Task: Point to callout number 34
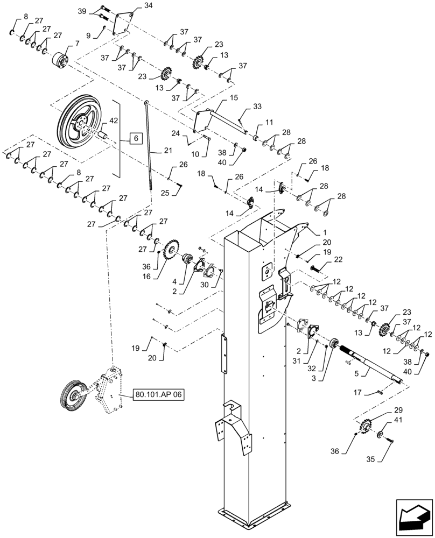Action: point(134,6)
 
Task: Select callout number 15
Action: point(234,98)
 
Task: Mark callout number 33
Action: point(257,107)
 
